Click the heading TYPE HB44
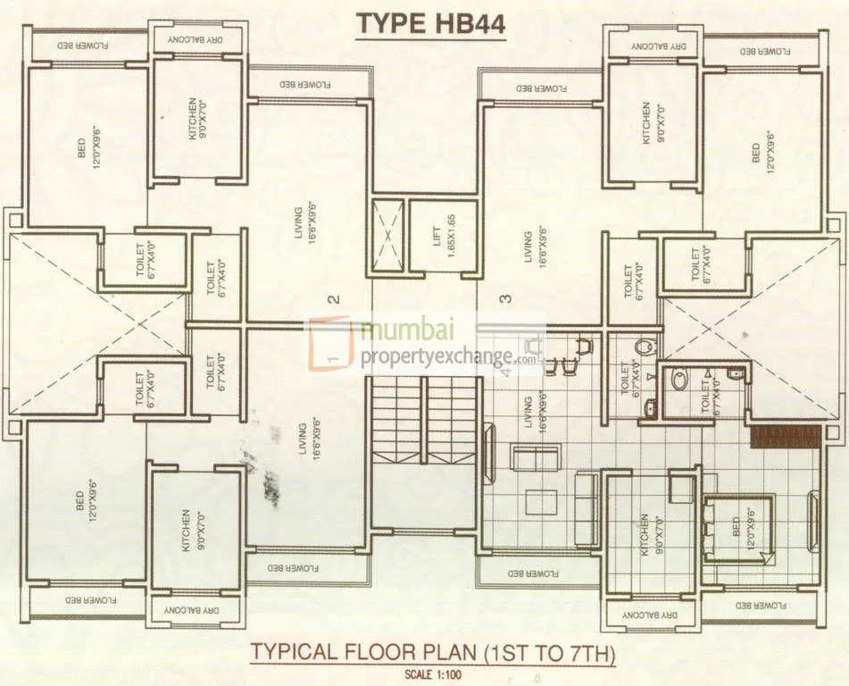431,24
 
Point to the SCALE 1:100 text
432,674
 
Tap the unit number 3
507,300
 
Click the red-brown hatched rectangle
785,437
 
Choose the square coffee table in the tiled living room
541,502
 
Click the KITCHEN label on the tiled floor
649,535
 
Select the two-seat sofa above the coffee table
536,457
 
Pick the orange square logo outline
332,343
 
